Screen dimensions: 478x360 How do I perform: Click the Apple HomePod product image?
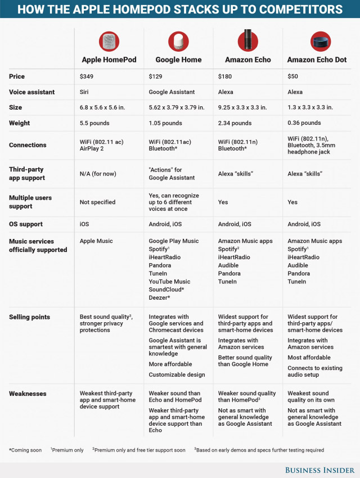109,41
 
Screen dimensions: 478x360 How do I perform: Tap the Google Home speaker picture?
178,41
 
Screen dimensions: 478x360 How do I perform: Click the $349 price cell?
87,76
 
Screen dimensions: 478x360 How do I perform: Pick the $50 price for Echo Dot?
294,76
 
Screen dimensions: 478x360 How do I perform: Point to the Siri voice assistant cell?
85,92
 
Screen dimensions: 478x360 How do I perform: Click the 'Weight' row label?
20,123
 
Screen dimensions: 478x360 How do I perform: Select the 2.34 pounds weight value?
235,123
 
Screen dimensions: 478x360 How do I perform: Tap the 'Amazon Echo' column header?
248,60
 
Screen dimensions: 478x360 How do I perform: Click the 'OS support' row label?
26,224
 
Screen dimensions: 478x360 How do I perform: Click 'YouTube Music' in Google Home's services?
169,281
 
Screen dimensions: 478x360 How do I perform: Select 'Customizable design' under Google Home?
177,375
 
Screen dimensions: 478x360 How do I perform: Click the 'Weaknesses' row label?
28,394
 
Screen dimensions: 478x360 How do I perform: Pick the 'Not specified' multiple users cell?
97,202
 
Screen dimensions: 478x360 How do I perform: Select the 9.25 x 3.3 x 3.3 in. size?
244,107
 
